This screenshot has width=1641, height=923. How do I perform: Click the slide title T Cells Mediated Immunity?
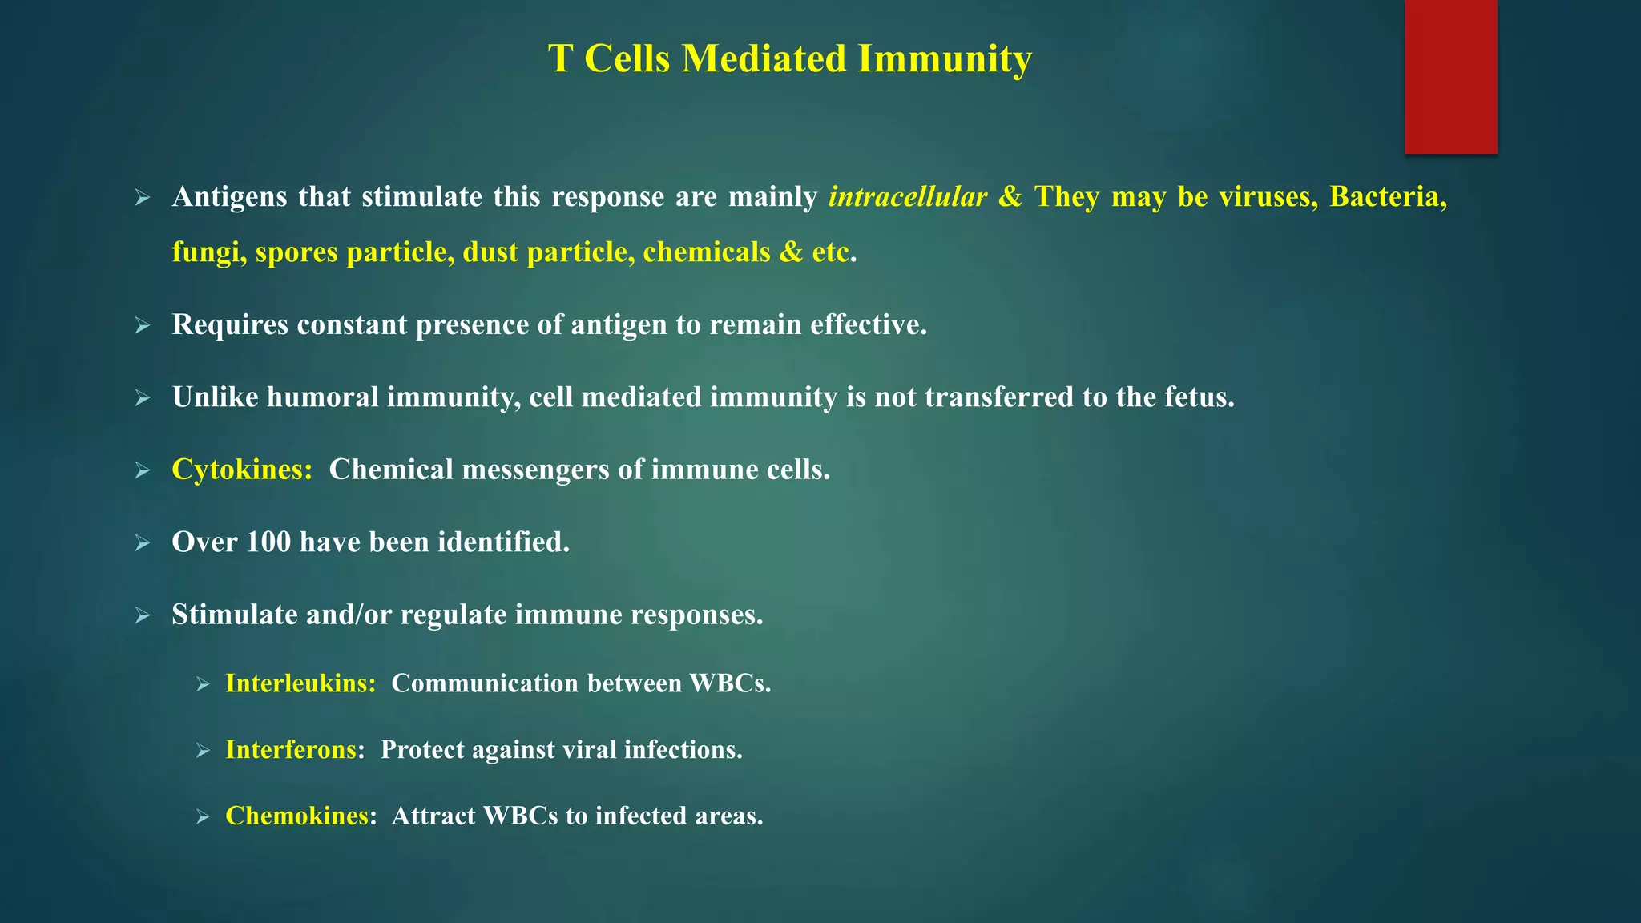[x=789, y=59]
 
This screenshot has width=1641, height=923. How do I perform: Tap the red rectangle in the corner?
[x=1450, y=76]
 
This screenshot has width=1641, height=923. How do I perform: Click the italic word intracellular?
[x=907, y=197]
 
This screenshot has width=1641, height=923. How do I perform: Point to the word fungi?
[x=208, y=253]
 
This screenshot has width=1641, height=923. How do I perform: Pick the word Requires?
[x=229, y=325]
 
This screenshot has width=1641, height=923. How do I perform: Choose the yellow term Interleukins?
[x=300, y=683]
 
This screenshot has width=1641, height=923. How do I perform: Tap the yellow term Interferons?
[x=291, y=750]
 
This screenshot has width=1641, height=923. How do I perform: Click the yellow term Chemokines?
[x=296, y=816]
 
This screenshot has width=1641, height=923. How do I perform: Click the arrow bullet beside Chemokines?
[x=203, y=817]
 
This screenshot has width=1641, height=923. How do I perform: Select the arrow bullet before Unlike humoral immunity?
[x=143, y=398]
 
